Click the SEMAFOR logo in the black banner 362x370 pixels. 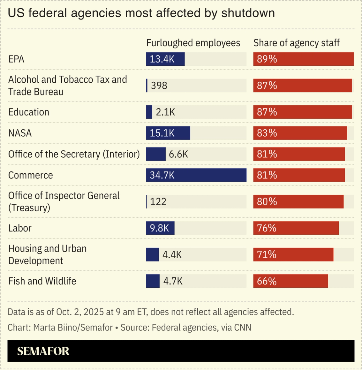43,351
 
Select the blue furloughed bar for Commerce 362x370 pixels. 196,175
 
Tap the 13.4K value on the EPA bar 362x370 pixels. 162,59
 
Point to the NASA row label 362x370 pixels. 20,133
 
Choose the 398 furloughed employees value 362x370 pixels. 159,85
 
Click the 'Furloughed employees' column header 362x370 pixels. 193,43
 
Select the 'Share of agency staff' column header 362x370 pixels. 296,43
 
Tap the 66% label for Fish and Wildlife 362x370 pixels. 267,281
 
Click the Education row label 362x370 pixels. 29,112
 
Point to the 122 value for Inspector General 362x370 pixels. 158,202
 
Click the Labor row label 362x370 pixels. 20,228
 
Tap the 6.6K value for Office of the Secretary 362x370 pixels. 178,154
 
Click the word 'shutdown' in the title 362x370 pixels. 248,13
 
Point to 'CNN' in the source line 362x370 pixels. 242,328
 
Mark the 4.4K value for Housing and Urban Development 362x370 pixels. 172,255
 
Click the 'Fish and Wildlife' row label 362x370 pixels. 42,281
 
